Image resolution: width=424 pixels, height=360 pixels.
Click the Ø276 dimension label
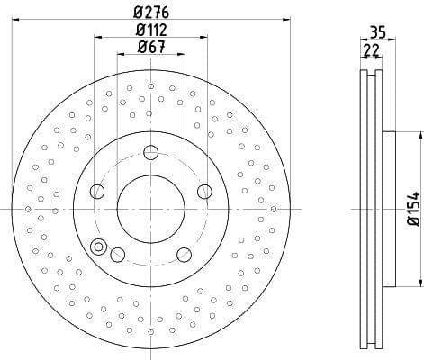tap(151, 13)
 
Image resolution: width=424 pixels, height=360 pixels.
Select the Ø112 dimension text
tap(151, 30)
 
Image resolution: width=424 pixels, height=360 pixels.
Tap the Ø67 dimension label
tap(151, 47)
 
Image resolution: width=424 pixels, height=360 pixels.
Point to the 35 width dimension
tap(378, 32)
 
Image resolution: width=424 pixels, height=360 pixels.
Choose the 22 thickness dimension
tap(371, 50)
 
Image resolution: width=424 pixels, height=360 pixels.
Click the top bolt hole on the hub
tap(150, 153)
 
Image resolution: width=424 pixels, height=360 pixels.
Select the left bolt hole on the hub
tap(97, 192)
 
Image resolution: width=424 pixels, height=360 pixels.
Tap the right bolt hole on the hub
tap(204, 192)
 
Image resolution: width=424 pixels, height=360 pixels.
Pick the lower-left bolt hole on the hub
tap(118, 255)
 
